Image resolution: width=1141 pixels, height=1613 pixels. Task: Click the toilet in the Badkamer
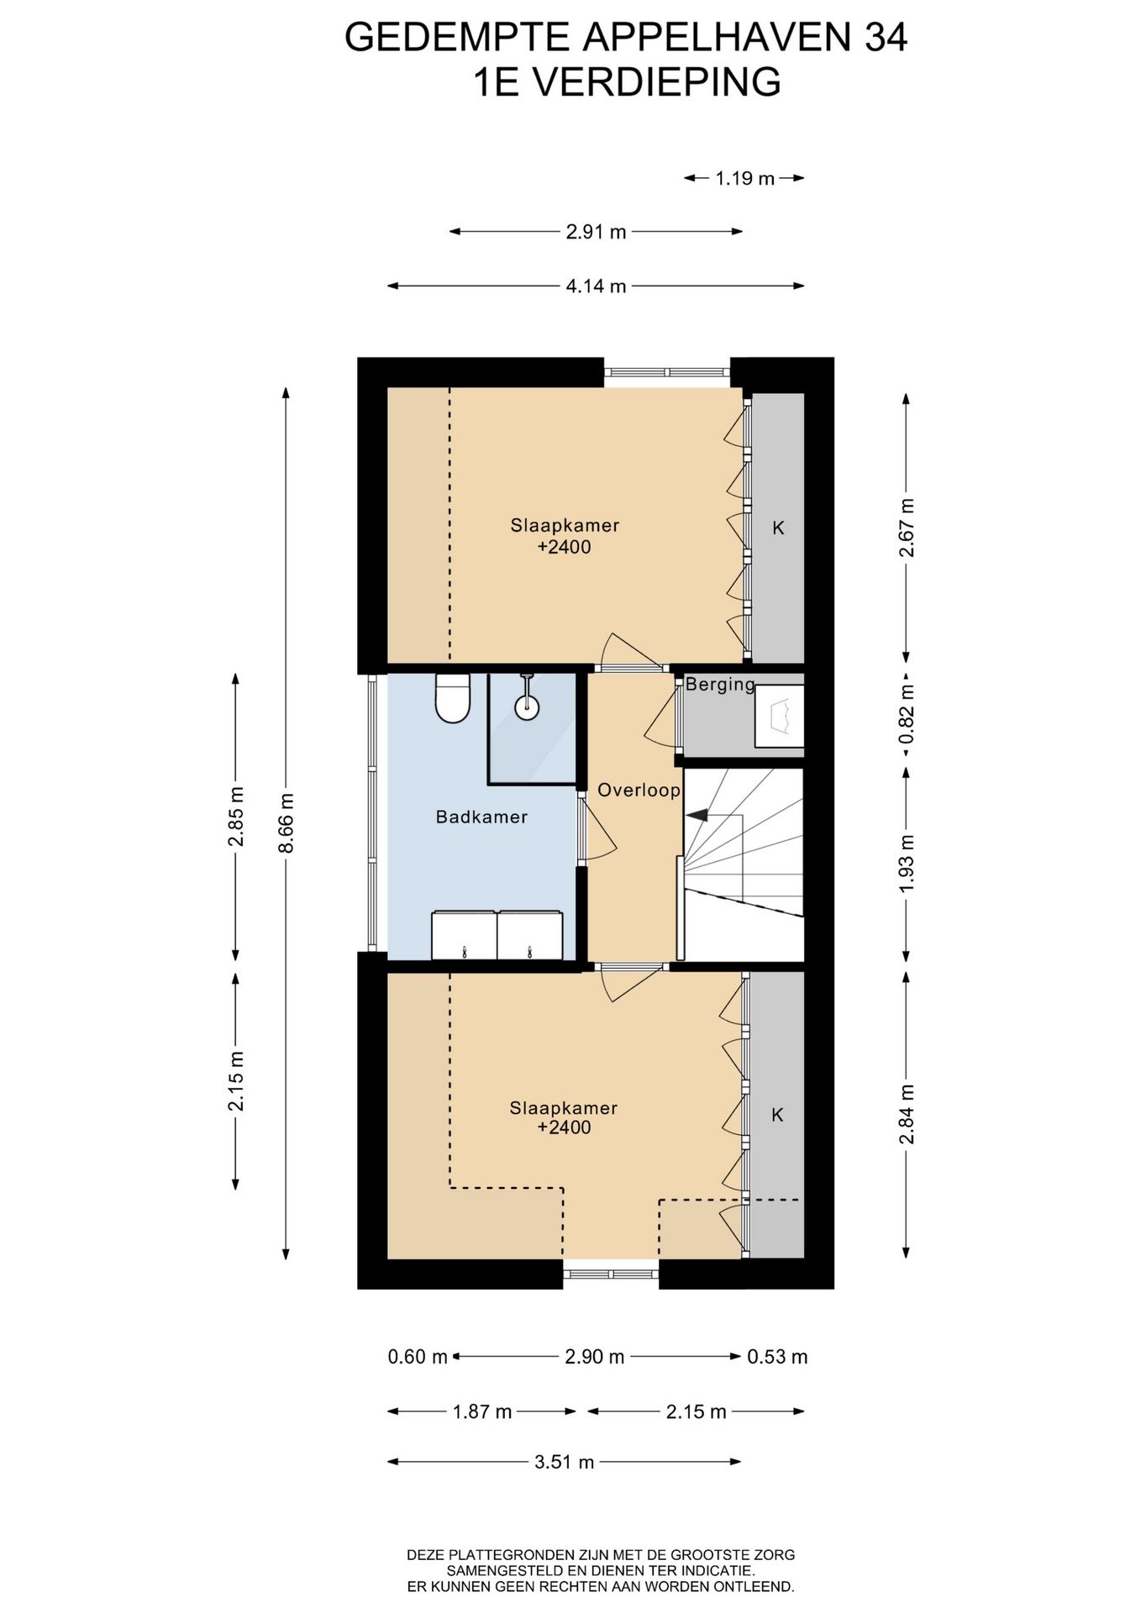coord(453,698)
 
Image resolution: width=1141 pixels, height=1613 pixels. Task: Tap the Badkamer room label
coord(481,817)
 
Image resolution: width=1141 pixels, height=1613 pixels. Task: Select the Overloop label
coord(639,791)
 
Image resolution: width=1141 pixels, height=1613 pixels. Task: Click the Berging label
coord(720,685)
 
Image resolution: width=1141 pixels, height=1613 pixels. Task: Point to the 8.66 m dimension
coord(287,823)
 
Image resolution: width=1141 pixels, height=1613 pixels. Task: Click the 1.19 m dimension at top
coord(744,178)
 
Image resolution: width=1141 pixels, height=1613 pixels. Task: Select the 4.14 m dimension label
coord(596,286)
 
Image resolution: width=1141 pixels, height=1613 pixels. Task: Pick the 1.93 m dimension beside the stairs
coord(906,865)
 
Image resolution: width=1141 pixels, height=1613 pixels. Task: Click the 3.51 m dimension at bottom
coord(564,1463)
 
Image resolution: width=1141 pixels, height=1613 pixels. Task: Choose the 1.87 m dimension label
coord(482,1412)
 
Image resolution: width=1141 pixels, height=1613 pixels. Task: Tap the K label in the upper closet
coord(778,528)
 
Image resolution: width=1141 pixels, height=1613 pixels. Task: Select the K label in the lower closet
coord(777,1115)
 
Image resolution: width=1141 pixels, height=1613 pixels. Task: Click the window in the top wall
coord(667,372)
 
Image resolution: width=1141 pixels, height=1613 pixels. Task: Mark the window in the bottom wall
coord(611,1274)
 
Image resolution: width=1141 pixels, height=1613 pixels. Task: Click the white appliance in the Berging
coord(780,716)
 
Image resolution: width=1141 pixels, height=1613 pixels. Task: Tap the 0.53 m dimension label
coord(777,1357)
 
